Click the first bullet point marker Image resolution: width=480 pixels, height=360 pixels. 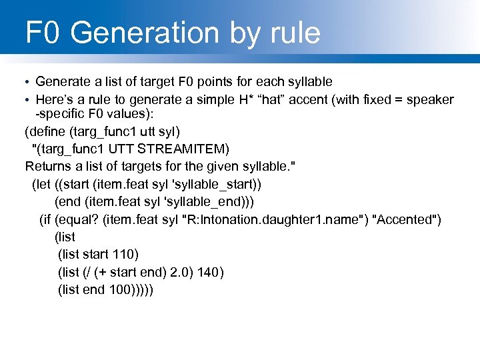tap(27, 82)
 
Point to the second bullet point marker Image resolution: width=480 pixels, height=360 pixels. tap(27, 100)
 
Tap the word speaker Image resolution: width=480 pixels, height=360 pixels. tap(430, 100)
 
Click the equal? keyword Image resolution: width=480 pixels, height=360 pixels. tap(78, 219)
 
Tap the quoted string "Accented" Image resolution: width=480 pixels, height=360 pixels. tap(407, 219)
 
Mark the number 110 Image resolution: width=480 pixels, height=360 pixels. tap(126, 254)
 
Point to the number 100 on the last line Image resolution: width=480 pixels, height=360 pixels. tap(122, 289)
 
